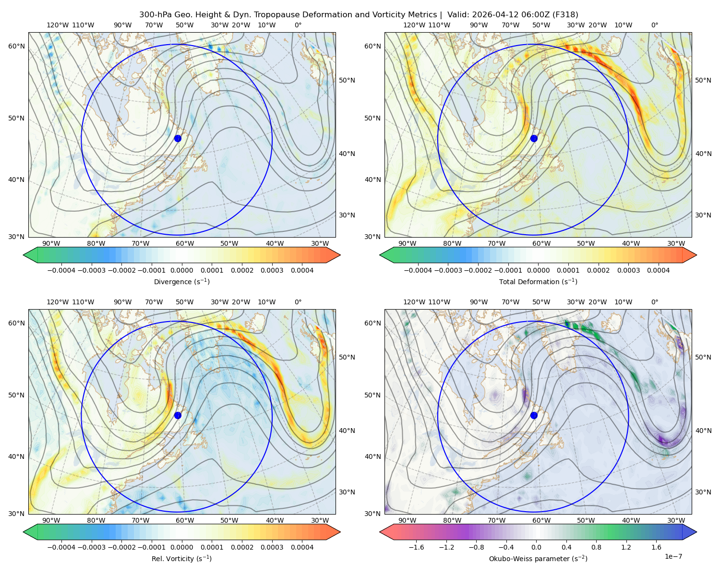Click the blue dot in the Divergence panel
[178, 138]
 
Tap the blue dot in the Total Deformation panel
[534, 138]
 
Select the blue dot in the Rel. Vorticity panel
[178, 415]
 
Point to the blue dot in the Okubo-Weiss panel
[534, 415]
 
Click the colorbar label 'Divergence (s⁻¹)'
[181, 281]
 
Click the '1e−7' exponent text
[673, 556]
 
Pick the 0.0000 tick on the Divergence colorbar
[181, 270]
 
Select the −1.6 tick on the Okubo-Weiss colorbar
[417, 547]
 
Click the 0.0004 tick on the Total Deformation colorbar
[658, 270]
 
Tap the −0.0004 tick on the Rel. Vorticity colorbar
[61, 547]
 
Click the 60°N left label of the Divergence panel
[16, 46]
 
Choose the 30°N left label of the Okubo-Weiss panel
[372, 514]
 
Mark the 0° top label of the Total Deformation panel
[654, 25]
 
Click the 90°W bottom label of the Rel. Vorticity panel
[51, 520]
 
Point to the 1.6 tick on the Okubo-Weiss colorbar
[657, 547]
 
